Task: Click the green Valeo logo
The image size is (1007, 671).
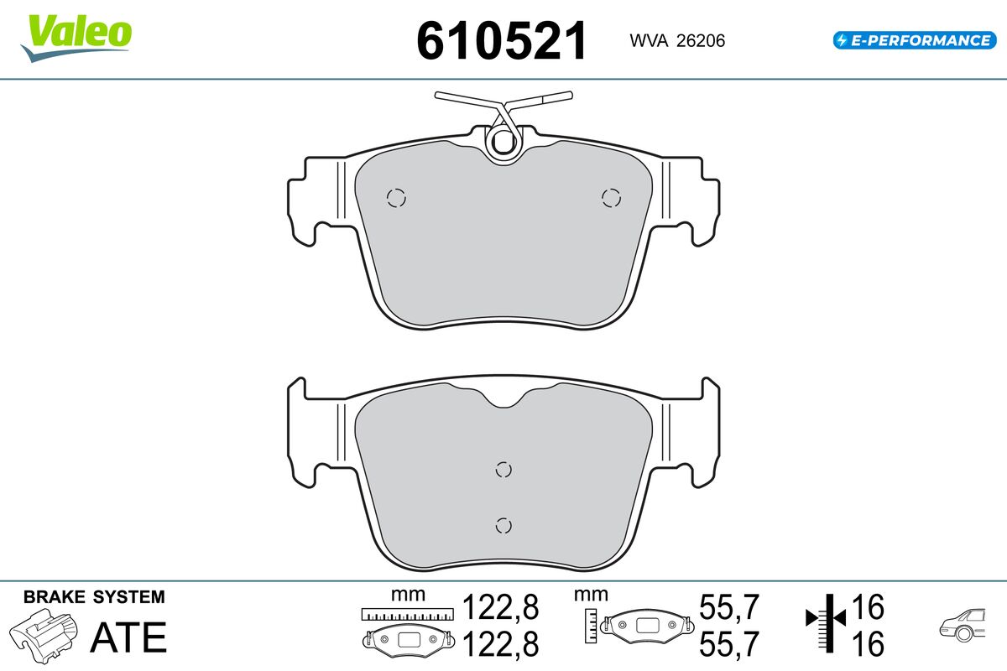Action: pyautogui.click(x=76, y=38)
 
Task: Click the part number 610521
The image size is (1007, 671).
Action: pyautogui.click(x=502, y=41)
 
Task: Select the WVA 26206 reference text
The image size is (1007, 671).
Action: pyautogui.click(x=677, y=41)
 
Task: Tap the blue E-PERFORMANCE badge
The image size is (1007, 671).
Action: pyautogui.click(x=915, y=40)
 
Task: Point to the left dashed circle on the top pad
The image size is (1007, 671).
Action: pyautogui.click(x=396, y=198)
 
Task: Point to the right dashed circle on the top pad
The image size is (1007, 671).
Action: pyautogui.click(x=612, y=198)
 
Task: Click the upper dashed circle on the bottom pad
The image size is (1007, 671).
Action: pyautogui.click(x=503, y=470)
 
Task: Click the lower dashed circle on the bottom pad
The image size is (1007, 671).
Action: pyautogui.click(x=503, y=525)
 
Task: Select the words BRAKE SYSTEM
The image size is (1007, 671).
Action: pyautogui.click(x=94, y=597)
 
